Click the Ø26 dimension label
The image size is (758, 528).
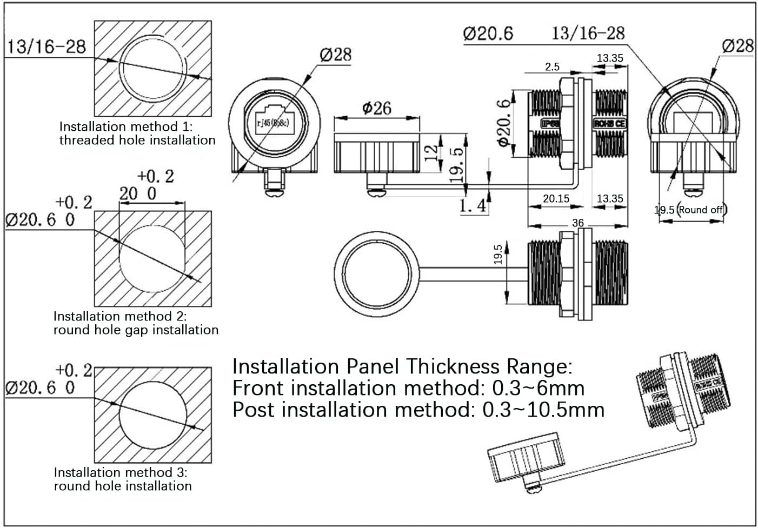(x=376, y=108)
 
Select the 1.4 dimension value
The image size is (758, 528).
(x=473, y=206)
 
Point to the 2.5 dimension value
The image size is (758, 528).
(x=552, y=67)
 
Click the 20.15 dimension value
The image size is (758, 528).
(x=556, y=199)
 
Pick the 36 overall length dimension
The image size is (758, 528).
(x=577, y=223)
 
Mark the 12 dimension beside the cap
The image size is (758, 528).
(x=431, y=153)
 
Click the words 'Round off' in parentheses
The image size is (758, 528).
(x=701, y=210)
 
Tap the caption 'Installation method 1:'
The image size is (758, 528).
(x=126, y=126)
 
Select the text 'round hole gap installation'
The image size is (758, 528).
(x=136, y=330)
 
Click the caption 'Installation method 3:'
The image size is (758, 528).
(x=120, y=472)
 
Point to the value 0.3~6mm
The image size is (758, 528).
(x=538, y=388)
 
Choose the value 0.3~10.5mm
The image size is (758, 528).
(x=543, y=410)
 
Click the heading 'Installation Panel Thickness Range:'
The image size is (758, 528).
(x=402, y=366)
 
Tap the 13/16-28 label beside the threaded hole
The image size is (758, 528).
(x=46, y=46)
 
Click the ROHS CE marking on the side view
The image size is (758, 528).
(x=609, y=123)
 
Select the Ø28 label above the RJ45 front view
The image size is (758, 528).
(x=335, y=54)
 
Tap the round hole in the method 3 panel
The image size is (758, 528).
(x=153, y=415)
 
